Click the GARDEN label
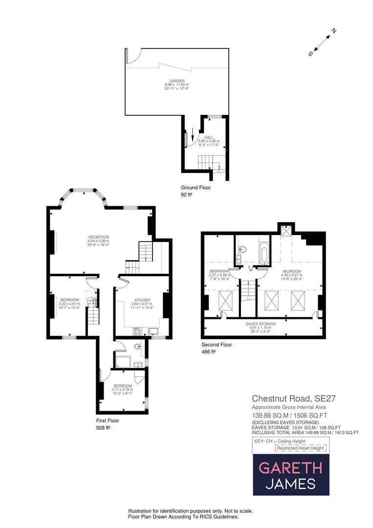[x=176, y=81]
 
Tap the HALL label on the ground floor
[x=209, y=137]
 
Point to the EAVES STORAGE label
[x=261, y=324]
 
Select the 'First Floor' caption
[x=108, y=420]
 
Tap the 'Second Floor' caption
[x=217, y=344]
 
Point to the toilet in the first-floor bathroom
[x=138, y=347]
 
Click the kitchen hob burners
[x=137, y=331]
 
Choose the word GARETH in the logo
[x=291, y=468]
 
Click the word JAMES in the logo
[x=291, y=484]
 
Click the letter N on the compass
[x=334, y=31]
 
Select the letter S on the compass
[x=310, y=54]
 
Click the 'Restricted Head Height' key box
[x=300, y=448]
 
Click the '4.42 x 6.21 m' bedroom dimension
[x=291, y=275]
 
